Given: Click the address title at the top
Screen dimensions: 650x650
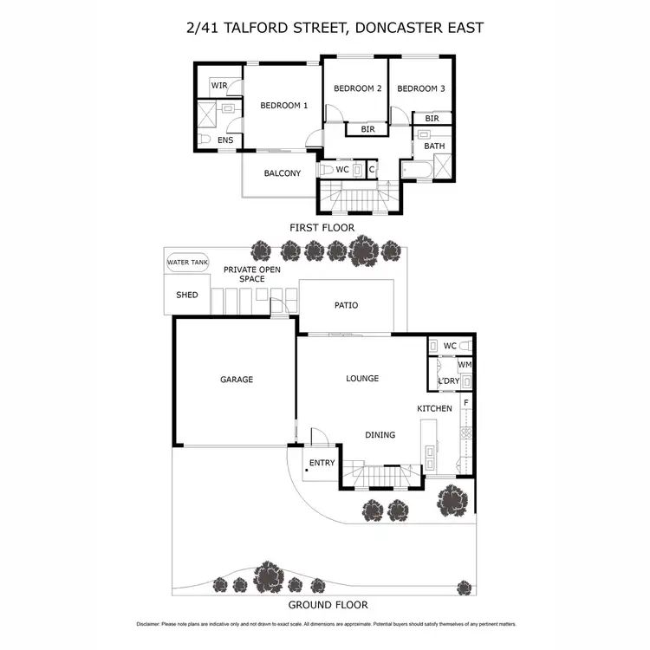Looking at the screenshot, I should click(x=335, y=28).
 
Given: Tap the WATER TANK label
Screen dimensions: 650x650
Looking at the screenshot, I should click(x=188, y=263).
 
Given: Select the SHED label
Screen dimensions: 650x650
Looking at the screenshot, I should click(x=187, y=296).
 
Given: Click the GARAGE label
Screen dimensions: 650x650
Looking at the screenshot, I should click(x=236, y=380).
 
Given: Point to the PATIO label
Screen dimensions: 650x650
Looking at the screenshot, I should click(x=346, y=305).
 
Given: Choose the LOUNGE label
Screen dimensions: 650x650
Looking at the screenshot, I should click(x=362, y=379).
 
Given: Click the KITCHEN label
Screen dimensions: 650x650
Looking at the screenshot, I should click(x=434, y=408).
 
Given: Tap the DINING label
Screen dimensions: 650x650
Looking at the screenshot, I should click(x=380, y=435).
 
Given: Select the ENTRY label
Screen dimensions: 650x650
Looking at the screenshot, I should click(x=322, y=463).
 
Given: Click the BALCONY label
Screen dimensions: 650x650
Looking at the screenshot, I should click(x=283, y=173).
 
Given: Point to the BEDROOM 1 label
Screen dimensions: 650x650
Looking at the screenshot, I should click(x=284, y=106).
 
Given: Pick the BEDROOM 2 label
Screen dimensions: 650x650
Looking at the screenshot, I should click(x=357, y=88).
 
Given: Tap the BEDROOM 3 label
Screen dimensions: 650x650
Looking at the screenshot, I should click(x=421, y=88).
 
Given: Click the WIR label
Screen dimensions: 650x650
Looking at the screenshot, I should click(x=219, y=86).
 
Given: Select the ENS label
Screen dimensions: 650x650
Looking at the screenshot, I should click(x=225, y=140).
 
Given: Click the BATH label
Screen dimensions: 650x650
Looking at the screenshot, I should click(x=434, y=146).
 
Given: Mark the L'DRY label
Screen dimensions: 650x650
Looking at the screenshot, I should click(x=448, y=381).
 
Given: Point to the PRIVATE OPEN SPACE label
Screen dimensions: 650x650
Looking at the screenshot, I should click(x=252, y=274).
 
